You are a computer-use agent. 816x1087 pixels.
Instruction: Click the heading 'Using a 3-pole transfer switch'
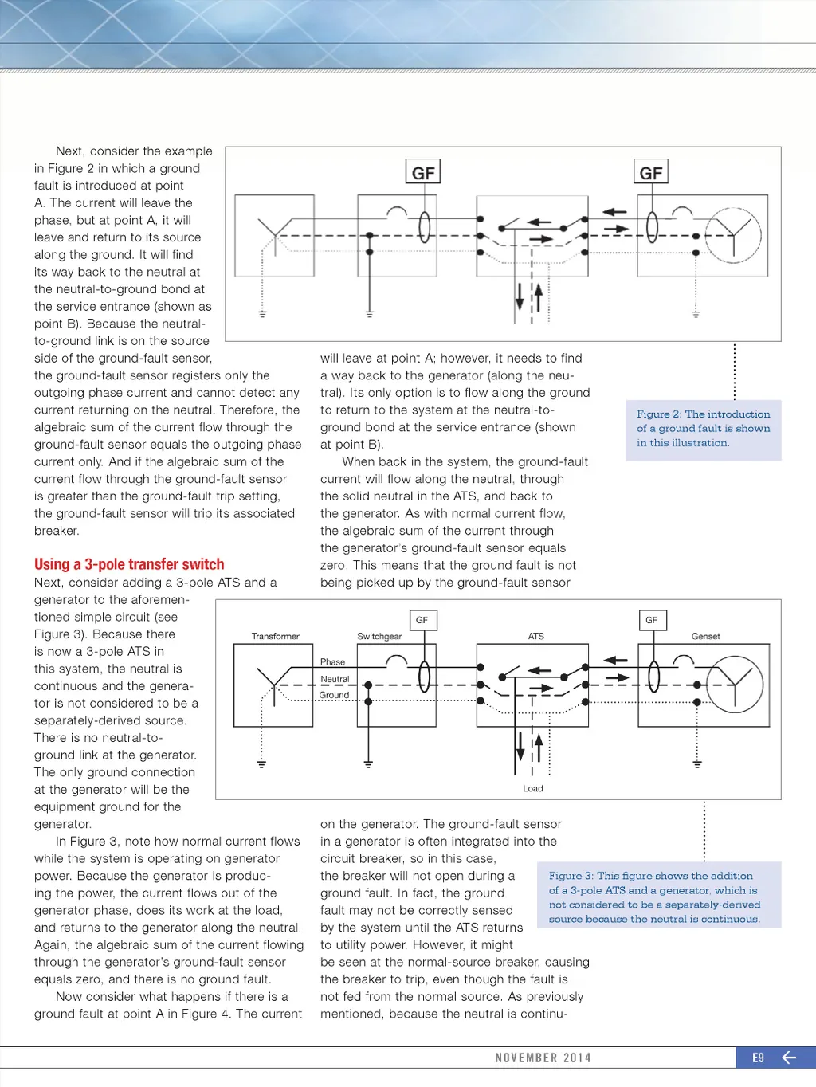coord(129,564)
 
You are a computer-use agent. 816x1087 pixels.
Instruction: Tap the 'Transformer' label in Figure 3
coord(275,636)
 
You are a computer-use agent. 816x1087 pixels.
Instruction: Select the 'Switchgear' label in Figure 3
coord(379,636)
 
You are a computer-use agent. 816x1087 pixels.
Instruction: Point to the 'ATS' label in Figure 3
coord(536,636)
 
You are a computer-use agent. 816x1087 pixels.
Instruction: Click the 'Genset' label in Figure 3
coord(705,636)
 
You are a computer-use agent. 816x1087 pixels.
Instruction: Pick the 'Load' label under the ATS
coord(533,788)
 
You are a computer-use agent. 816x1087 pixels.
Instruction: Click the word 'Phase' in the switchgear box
coord(332,662)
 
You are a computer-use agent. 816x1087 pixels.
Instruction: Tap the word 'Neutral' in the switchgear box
coord(335,679)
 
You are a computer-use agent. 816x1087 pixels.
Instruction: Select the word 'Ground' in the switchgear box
coord(334,695)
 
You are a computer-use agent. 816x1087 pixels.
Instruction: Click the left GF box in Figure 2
coord(423,172)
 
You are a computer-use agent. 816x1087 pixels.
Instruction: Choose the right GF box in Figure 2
coord(651,172)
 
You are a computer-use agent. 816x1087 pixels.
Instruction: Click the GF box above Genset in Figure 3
coord(651,620)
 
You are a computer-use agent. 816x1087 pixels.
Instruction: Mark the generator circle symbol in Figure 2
coord(734,235)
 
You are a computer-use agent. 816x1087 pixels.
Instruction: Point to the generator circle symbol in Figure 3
coord(735,685)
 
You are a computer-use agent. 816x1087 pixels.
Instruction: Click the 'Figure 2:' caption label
coord(659,414)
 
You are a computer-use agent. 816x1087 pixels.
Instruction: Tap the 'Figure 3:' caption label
coord(571,876)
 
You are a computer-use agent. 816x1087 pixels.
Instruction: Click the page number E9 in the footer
coord(758,1058)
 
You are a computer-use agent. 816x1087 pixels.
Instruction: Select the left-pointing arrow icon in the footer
coord(789,1058)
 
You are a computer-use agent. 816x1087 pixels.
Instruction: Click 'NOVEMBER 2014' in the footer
coord(543,1058)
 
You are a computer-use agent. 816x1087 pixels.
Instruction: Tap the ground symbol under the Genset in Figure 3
coord(697,764)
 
